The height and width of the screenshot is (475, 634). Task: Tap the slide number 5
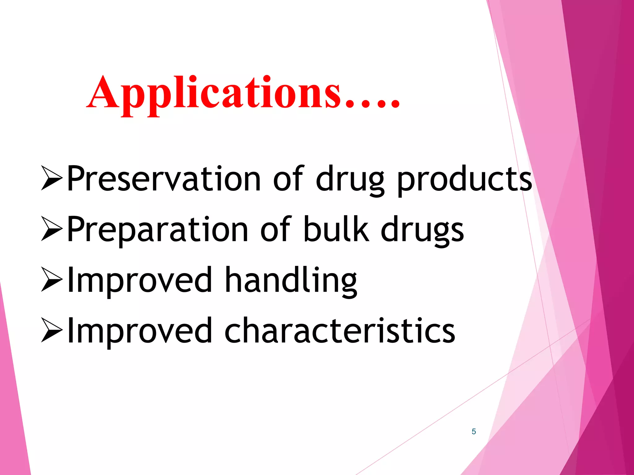pos(474,431)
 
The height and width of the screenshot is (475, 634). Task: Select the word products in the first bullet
pos(464,181)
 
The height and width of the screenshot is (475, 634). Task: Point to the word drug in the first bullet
pos(350,181)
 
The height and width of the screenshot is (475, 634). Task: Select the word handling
pos(291,281)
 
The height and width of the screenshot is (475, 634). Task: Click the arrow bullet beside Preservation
pos(52,178)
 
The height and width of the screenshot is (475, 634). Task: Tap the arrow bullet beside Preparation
pos(52,229)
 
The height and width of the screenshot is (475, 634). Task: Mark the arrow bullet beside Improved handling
pos(52,280)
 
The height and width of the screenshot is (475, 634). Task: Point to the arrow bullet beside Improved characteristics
pos(52,331)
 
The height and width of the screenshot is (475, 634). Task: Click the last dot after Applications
pos(395,105)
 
